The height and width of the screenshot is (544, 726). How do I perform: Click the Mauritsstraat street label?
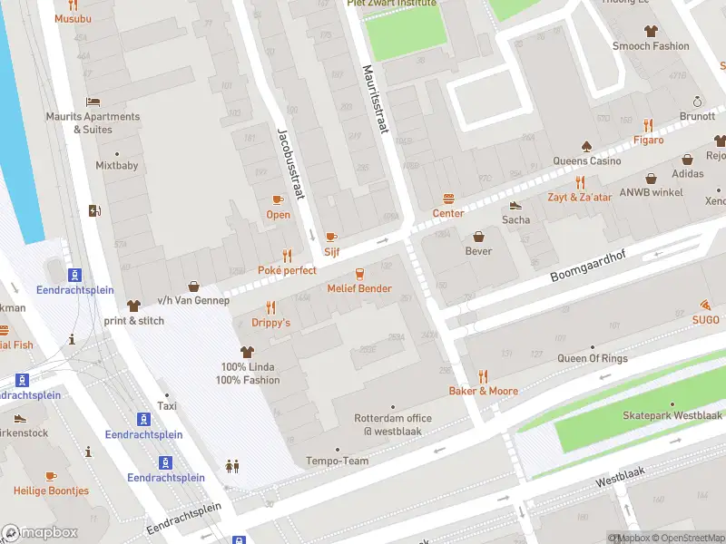[375, 100]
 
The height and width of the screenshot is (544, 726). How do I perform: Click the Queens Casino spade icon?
[586, 146]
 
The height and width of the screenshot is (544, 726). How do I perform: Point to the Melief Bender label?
[359, 288]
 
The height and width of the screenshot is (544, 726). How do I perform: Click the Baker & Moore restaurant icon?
[484, 376]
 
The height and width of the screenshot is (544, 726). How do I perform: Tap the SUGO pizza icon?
[706, 306]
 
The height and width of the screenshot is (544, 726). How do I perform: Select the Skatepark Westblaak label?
[672, 415]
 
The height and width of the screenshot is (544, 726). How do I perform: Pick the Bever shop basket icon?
[479, 237]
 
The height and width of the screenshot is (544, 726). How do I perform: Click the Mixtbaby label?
[117, 166]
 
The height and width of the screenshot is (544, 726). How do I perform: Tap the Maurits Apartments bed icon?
[93, 102]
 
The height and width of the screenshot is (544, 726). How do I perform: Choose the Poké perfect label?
[287, 270]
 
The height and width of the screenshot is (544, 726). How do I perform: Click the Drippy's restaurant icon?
[270, 308]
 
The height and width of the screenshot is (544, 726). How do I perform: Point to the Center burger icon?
[448, 199]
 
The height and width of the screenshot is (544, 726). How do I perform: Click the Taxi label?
[165, 406]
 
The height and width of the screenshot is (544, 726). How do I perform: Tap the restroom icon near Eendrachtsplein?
[232, 466]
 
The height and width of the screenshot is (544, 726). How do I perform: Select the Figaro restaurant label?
[648, 140]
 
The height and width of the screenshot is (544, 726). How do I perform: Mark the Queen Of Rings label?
[592, 358]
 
